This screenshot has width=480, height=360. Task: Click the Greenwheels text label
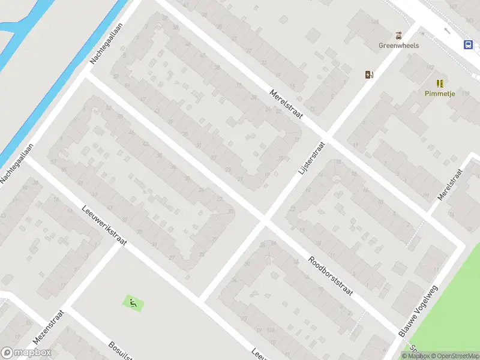click(398, 45)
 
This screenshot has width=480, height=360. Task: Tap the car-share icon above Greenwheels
click(398, 35)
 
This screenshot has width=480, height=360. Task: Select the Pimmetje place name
click(440, 94)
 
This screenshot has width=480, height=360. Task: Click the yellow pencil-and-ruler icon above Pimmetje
click(440, 83)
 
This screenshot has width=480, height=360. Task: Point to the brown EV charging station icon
click(369, 74)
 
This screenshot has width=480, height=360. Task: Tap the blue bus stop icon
click(467, 44)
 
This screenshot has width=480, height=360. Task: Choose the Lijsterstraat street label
click(311, 158)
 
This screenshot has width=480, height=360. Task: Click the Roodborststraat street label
click(331, 275)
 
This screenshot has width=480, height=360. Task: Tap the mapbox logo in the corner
click(26, 353)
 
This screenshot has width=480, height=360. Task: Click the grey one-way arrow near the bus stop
click(446, 30)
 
